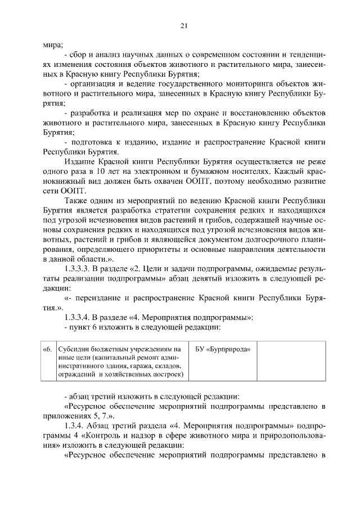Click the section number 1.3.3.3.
pos(79,268)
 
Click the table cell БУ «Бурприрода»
pos(222,349)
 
